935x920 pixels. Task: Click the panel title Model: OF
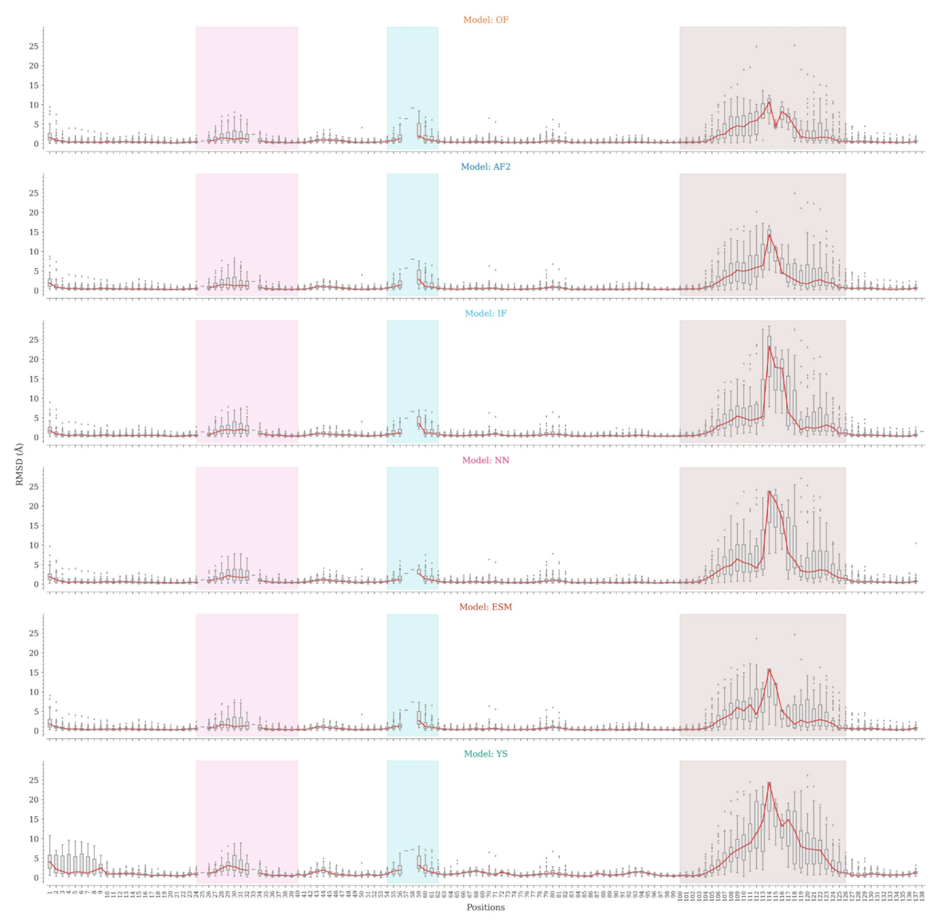point(485,20)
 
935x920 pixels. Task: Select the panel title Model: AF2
point(485,167)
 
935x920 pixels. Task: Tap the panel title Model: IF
point(485,314)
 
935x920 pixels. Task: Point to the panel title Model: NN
point(485,461)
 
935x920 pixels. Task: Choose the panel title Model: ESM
point(485,607)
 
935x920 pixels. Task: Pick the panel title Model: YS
point(485,754)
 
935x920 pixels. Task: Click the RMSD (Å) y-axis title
point(20,464)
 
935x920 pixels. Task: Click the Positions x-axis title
point(485,907)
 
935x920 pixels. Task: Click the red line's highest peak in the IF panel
point(769,347)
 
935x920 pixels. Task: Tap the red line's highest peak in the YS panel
point(769,782)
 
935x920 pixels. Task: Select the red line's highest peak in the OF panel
point(769,102)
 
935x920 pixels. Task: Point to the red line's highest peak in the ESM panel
point(769,670)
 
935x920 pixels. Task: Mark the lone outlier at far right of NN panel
point(916,543)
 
